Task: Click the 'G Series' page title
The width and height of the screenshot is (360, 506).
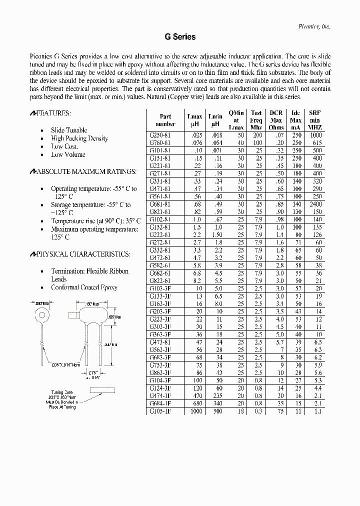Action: point(179,37)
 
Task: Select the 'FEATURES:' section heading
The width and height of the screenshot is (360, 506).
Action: point(54,114)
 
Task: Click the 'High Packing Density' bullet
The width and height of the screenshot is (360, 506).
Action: point(79,138)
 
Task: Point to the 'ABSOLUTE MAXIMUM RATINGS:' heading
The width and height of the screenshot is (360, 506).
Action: point(83,171)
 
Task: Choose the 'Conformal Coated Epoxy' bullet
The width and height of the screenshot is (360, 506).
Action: point(84,287)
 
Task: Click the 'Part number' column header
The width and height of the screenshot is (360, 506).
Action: point(165,120)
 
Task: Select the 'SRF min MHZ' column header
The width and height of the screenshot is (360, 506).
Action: point(315,120)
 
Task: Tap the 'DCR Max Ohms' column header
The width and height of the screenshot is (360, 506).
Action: point(276,120)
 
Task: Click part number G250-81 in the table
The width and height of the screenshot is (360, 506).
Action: point(160,135)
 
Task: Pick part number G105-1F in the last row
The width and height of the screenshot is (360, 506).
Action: point(160,411)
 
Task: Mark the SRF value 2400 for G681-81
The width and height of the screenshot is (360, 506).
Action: point(315,205)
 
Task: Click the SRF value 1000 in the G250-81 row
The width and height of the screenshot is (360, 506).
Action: point(315,135)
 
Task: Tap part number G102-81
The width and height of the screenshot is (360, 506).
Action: point(160,219)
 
